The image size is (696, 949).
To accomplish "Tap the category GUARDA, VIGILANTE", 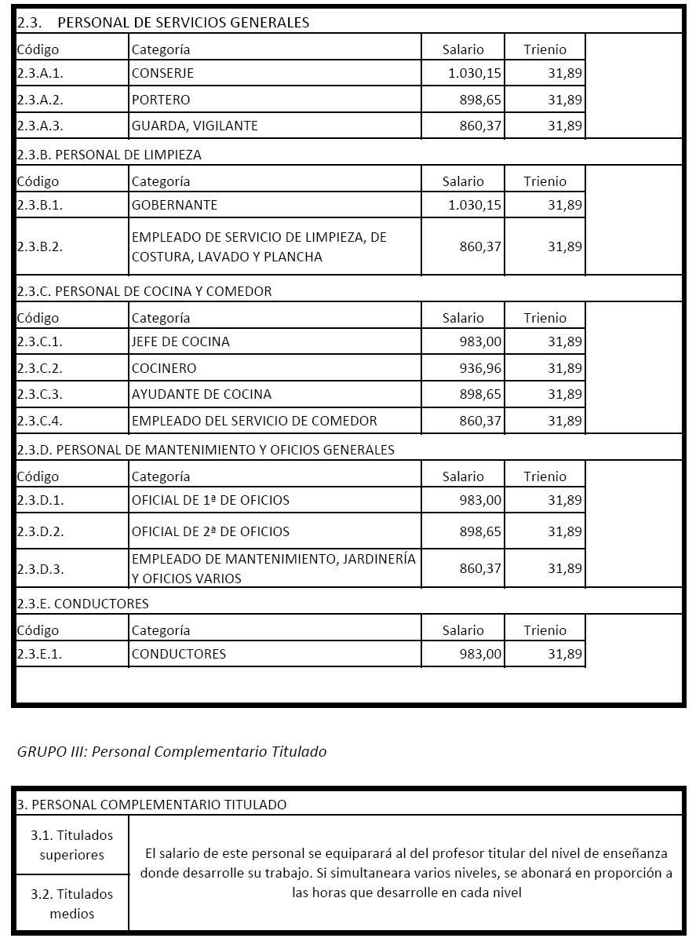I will pyautogui.click(x=195, y=126).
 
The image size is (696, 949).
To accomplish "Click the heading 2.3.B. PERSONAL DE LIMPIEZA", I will pyautogui.click(x=109, y=155).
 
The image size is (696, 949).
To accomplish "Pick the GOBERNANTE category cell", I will pyautogui.click(x=174, y=205).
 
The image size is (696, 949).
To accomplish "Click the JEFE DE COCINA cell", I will pyautogui.click(x=180, y=341).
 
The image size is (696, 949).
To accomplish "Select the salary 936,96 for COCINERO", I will pyautogui.click(x=480, y=368).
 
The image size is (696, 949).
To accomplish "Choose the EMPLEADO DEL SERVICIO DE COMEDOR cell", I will pyautogui.click(x=254, y=421).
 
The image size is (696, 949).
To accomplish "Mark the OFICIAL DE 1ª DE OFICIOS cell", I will pyautogui.click(x=210, y=500).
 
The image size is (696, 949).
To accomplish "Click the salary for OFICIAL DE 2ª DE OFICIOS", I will pyautogui.click(x=480, y=531).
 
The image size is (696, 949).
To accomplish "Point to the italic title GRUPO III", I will pyautogui.click(x=172, y=751).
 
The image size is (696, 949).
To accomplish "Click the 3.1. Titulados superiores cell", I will pyautogui.click(x=72, y=845).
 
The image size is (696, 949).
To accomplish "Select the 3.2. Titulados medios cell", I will pyautogui.click(x=72, y=903).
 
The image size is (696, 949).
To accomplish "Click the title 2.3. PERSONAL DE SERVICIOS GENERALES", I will pyautogui.click(x=163, y=22).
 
